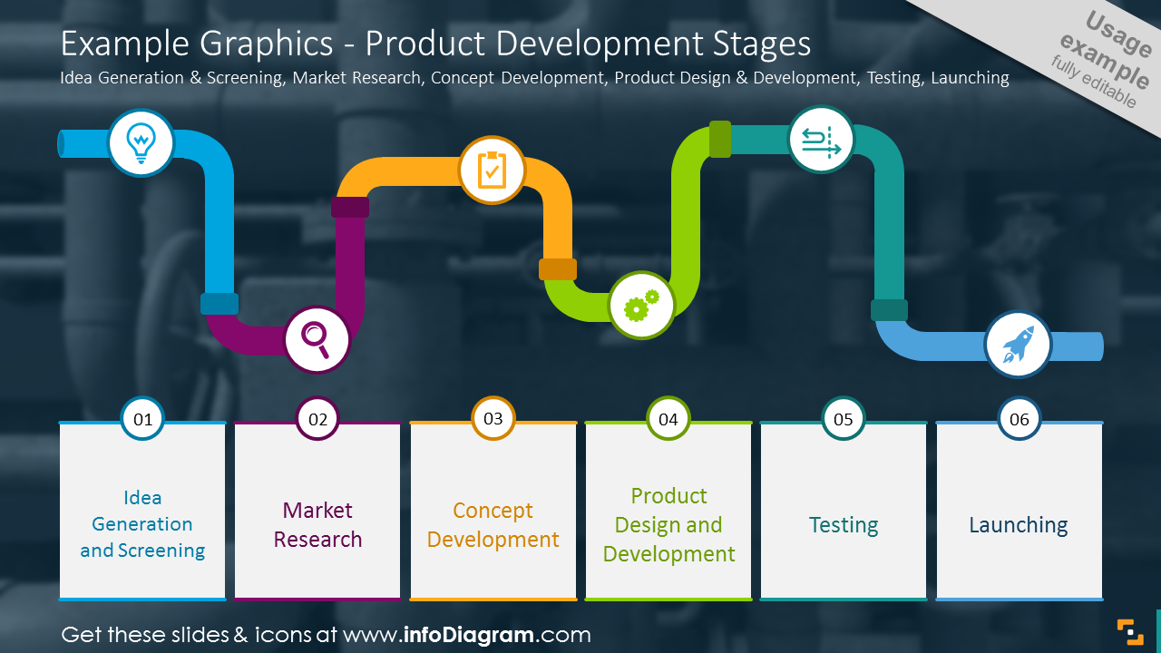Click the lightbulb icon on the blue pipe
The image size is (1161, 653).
click(x=141, y=142)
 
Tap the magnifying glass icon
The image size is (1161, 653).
click(x=317, y=339)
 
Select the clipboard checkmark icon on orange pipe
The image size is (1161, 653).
click(x=492, y=170)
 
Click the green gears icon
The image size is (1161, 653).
click(x=641, y=306)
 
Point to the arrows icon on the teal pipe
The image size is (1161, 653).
click(x=821, y=141)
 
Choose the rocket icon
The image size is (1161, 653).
click(x=1018, y=345)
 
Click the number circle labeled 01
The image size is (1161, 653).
click(x=142, y=419)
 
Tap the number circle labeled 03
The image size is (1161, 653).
click(x=493, y=419)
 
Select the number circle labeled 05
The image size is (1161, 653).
click(x=844, y=419)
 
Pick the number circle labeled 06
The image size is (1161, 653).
click(x=1020, y=419)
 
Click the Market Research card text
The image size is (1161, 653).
click(x=317, y=525)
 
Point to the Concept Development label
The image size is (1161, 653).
click(x=493, y=525)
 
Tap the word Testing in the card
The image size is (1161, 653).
click(x=844, y=525)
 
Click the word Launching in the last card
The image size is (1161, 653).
click(x=1019, y=525)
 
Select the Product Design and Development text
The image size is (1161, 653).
click(x=668, y=525)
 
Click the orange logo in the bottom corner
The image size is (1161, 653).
click(x=1129, y=631)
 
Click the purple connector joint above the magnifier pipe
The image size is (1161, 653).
click(x=350, y=208)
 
